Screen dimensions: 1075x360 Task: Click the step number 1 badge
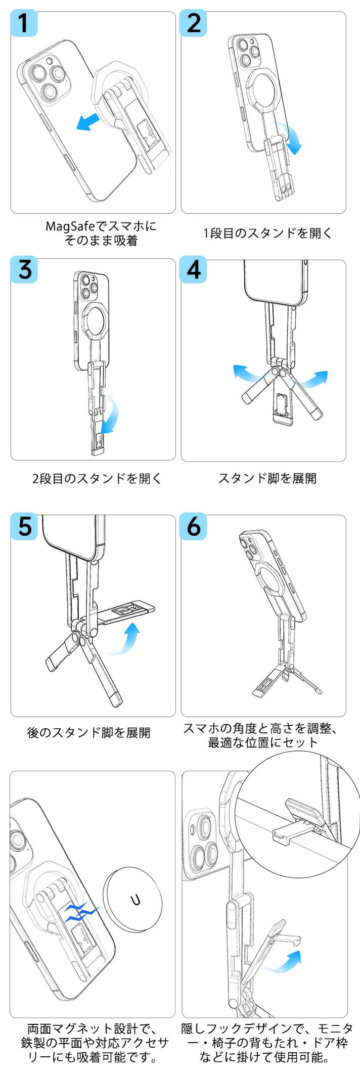click(24, 23)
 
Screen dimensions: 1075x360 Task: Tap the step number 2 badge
click(194, 23)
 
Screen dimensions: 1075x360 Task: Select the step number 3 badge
click(24, 270)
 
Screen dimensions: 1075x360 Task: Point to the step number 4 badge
click(194, 270)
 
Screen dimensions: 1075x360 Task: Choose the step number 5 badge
click(24, 527)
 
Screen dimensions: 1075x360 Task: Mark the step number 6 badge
click(194, 527)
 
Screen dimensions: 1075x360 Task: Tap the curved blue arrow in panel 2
click(290, 139)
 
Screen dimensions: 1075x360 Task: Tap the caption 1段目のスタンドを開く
click(267, 233)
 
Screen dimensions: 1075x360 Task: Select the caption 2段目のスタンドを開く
click(97, 478)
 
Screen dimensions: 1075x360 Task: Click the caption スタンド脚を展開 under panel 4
click(267, 478)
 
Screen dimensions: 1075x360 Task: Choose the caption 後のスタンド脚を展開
click(88, 732)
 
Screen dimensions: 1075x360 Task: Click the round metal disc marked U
click(132, 900)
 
